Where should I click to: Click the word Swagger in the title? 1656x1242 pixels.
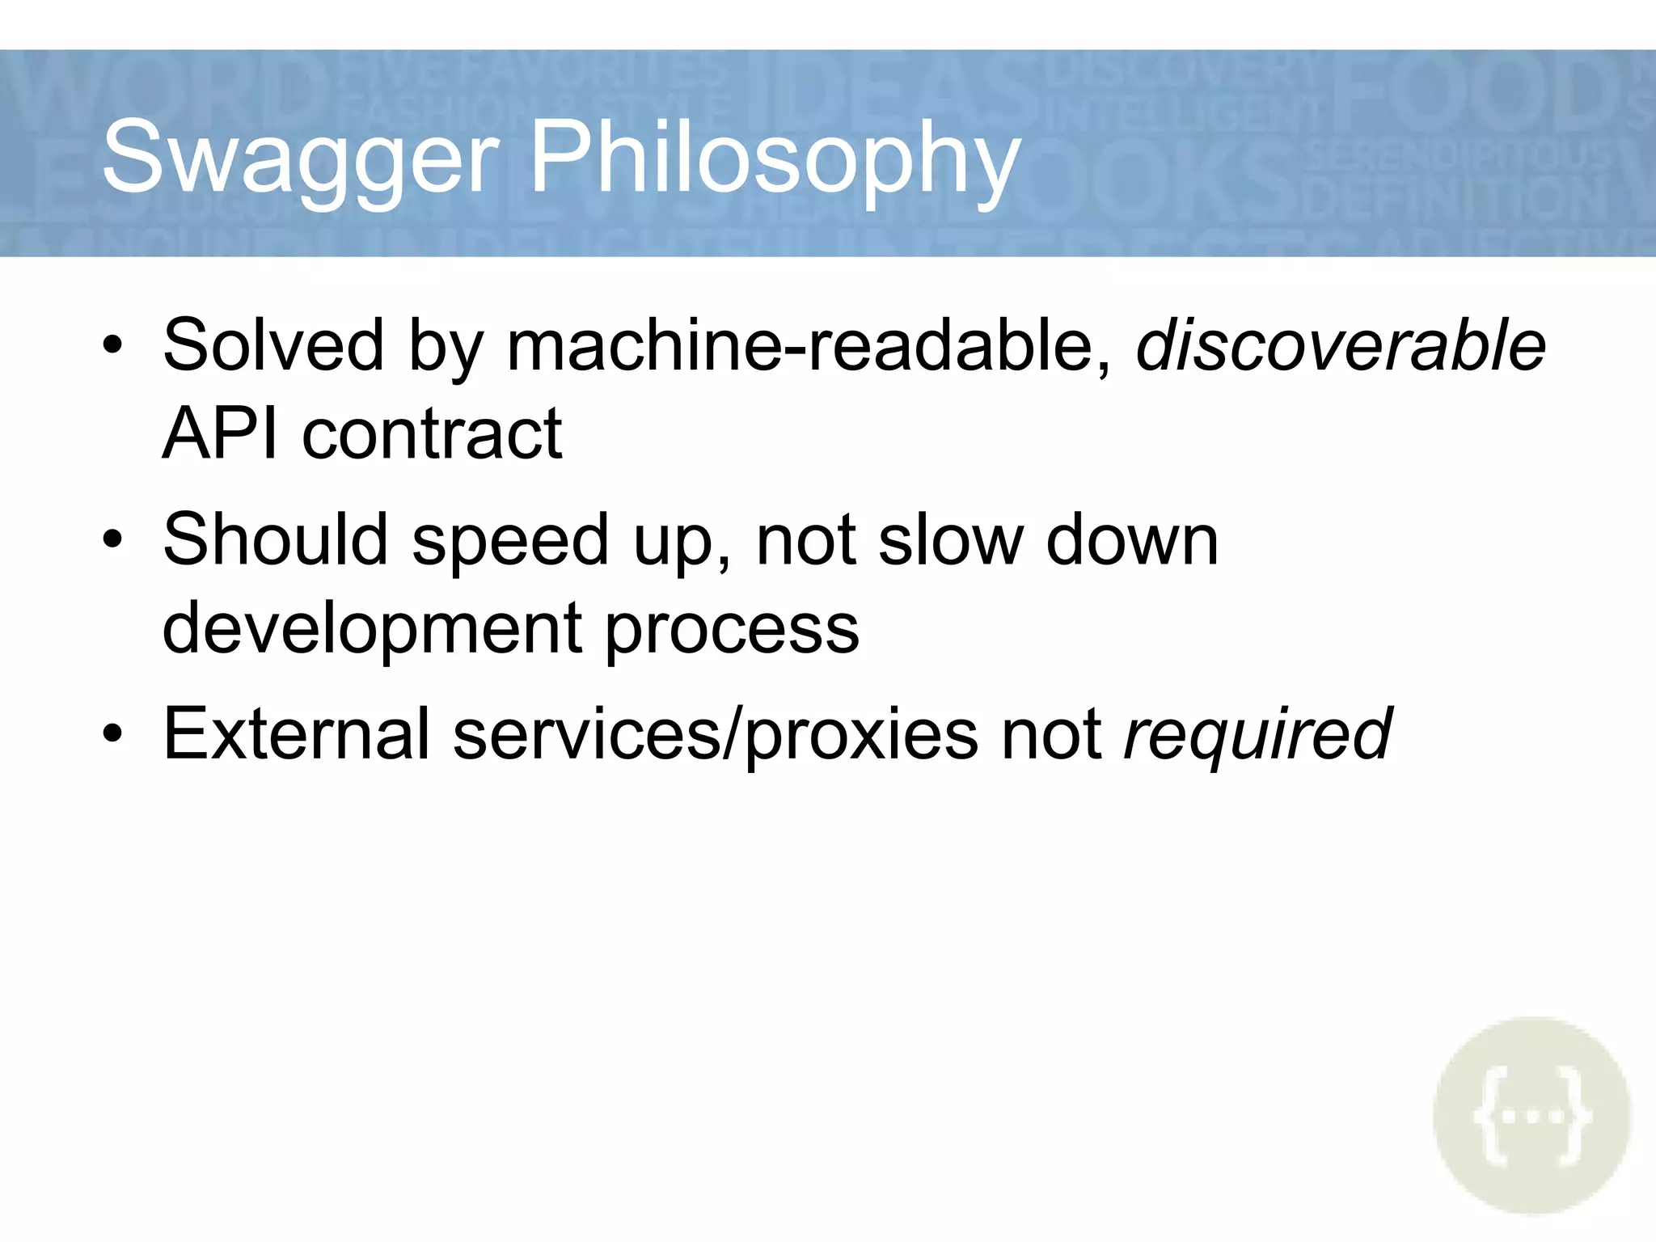(301, 158)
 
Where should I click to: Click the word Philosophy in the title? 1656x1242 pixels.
(775, 158)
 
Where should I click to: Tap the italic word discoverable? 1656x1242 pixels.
(1341, 345)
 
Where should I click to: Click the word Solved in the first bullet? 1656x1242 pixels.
(273, 345)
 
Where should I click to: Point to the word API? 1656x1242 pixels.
(220, 434)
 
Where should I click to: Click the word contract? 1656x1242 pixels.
(432, 434)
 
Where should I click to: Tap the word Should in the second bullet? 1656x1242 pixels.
(275, 539)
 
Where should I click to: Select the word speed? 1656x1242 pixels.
(509, 539)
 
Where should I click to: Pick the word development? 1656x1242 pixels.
(372, 629)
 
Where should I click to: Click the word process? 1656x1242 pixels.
(732, 629)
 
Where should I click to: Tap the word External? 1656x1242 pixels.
(296, 733)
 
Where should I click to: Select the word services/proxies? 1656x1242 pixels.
(716, 733)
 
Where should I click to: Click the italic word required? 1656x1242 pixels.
(1258, 733)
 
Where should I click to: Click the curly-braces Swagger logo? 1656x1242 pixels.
(1531, 1116)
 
